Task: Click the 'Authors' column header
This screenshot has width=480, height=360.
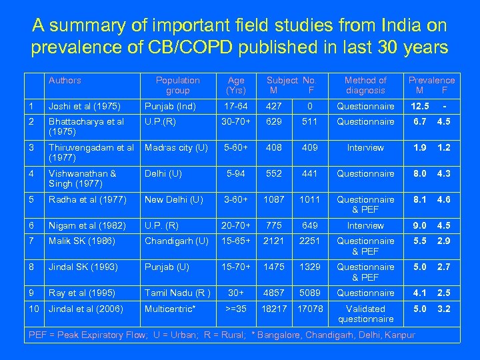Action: coord(65,81)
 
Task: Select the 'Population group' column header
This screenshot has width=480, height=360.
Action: coord(177,85)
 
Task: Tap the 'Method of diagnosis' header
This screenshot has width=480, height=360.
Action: coord(365,85)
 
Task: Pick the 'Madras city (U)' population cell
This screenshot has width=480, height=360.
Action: coord(176,148)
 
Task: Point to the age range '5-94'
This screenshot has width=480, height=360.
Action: coord(236,174)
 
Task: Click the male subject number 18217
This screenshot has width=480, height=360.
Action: coord(273,309)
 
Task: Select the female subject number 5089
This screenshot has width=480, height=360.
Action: coord(310,293)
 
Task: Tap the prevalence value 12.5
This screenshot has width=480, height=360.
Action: coord(420,107)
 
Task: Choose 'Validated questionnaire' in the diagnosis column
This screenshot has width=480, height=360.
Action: coord(365,314)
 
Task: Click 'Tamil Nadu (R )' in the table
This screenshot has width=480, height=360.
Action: coord(177,293)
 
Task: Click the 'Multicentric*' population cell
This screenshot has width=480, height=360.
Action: coord(170,309)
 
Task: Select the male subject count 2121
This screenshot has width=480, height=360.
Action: coord(273,241)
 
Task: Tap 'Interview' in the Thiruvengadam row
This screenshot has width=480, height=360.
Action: coord(365,148)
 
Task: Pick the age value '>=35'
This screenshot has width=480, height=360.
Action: coord(236,309)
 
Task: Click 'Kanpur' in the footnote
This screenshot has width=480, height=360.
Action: coord(400,335)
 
